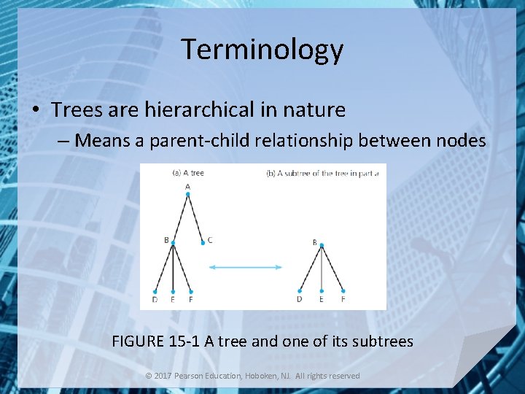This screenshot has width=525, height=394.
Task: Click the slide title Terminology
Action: pyautogui.click(x=262, y=50)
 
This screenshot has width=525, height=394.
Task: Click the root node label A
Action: pyautogui.click(x=187, y=186)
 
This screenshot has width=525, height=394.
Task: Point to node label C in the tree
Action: pyautogui.click(x=210, y=239)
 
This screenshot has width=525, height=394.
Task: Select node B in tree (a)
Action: pyautogui.click(x=167, y=239)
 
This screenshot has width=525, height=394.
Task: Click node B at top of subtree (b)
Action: pyautogui.click(x=315, y=242)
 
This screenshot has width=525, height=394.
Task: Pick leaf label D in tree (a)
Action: pyautogui.click(x=155, y=298)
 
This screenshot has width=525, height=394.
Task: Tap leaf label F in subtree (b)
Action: pyautogui.click(x=343, y=298)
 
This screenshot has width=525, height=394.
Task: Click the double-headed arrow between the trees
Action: pyautogui.click(x=245, y=268)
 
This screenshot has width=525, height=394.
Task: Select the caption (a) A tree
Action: pyautogui.click(x=187, y=173)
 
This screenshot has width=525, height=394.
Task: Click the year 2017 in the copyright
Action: pyautogui.click(x=163, y=376)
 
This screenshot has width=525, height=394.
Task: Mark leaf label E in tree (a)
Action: pyautogui.click(x=173, y=298)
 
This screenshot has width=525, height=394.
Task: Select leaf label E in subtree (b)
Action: pyautogui.click(x=322, y=298)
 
